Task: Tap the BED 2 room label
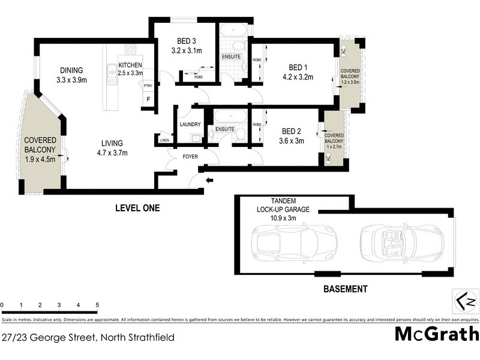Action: pos(291,131)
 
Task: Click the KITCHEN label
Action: pos(131,65)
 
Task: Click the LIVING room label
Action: pos(112,143)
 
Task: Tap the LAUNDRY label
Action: pos(190,124)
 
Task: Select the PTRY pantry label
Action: pos(148,86)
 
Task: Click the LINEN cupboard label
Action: pos(164,140)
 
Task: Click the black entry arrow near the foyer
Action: pos(209,180)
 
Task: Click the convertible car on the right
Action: pos(401,242)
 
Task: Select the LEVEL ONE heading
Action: pos(137,209)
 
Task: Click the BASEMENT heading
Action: pos(345,289)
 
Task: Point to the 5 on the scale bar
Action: pos(97,305)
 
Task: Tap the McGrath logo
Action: pos(436,334)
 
